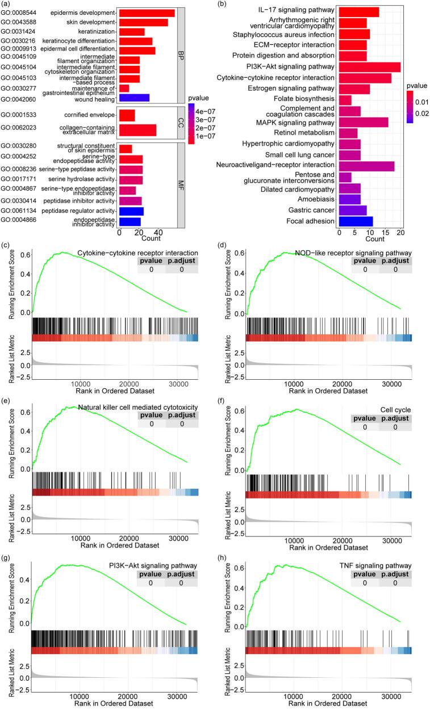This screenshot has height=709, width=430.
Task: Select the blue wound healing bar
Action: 134,98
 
